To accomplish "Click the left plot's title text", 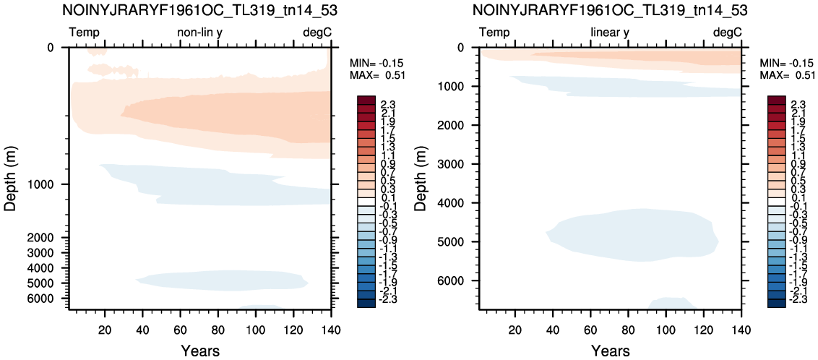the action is (x=200, y=9).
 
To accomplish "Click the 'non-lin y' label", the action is (x=201, y=33).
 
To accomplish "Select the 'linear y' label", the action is (x=610, y=33).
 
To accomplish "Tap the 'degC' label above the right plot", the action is (x=727, y=33).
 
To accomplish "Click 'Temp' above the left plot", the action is (x=85, y=33).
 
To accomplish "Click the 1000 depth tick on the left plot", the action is (x=51, y=184).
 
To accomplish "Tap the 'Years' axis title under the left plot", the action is (x=200, y=350).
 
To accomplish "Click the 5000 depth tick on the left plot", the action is (x=51, y=283).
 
